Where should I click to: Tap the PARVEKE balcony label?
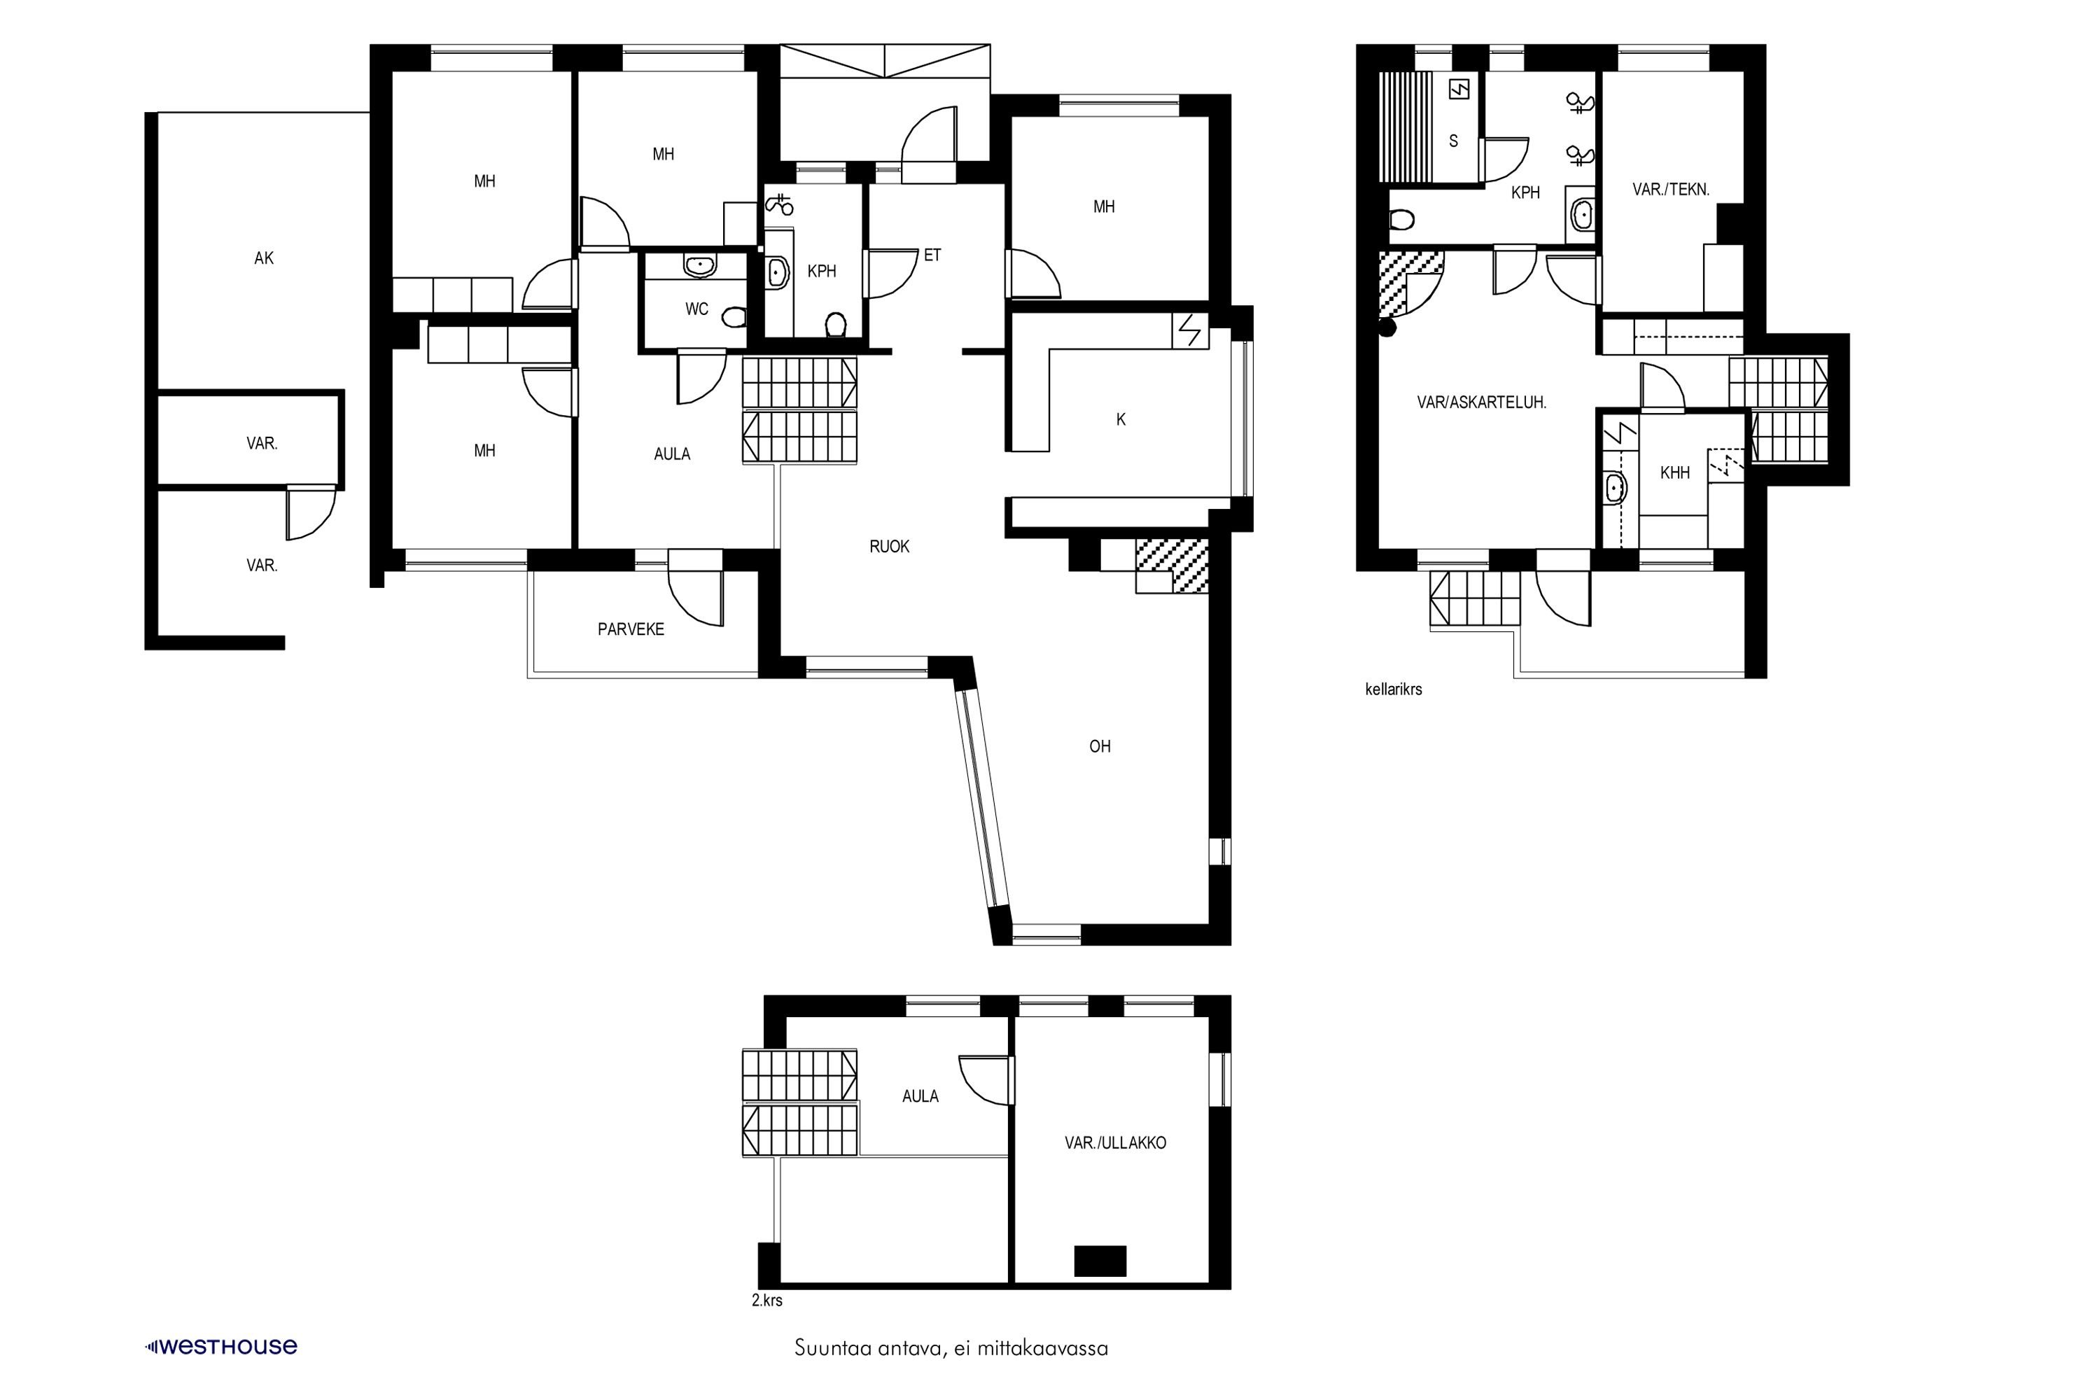pos(631,629)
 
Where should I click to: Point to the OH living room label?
pos(1099,746)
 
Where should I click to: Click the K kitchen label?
pos(1121,419)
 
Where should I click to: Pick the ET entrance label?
pos(932,255)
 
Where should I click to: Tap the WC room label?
pos(696,309)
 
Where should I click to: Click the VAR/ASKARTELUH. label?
pos(1481,402)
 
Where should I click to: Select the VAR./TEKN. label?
pos(1670,189)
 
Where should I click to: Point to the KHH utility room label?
pos(1675,473)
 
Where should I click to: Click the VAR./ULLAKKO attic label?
pos(1115,1143)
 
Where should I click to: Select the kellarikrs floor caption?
pos(1393,689)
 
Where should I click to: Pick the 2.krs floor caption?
pos(767,1300)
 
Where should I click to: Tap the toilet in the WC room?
pos(734,317)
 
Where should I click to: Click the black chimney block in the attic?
pos(1099,1261)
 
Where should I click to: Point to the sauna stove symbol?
pos(1459,90)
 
